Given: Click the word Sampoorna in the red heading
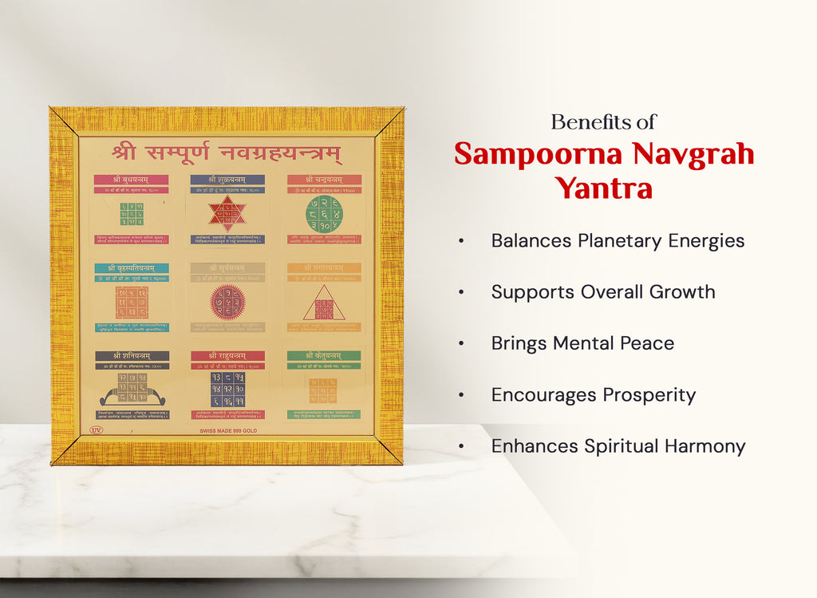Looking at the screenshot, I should pos(534,154).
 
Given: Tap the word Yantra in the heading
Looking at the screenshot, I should pos(604,188).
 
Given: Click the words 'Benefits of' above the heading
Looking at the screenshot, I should pos(603,122).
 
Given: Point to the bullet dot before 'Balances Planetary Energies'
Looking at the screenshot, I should pos(461,241).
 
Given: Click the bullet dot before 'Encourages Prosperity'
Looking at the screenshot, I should pos(461,395).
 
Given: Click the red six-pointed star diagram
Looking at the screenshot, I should pos(227,214).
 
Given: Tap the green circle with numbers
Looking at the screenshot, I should pos(323,214).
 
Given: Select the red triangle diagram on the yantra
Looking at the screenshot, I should pos(323,303).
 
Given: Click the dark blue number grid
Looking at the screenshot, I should pos(227,389).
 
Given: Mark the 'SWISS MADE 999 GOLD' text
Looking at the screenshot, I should pos(228,430).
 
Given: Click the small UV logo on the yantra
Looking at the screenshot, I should pos(97,430).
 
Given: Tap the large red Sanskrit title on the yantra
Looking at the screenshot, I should pos(227,152).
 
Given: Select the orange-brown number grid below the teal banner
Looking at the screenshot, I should pos(132,303).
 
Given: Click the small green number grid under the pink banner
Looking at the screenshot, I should pos(132,214).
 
